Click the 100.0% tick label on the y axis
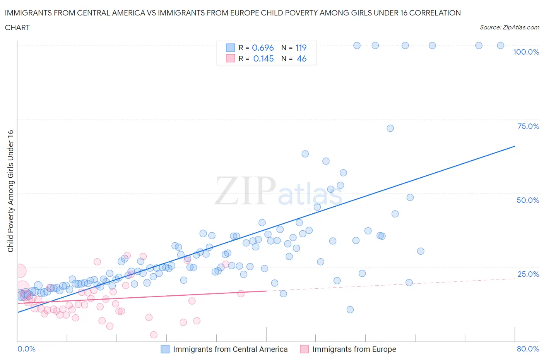click(526, 52)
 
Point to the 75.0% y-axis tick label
click(528, 126)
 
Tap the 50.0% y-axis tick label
click(528, 200)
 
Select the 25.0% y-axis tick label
click(528, 274)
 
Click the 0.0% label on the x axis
click(26, 349)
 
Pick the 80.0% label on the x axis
click(528, 349)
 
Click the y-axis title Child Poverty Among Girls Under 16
click(10, 191)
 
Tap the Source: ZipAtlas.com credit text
click(509, 27)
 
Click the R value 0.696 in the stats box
click(263, 48)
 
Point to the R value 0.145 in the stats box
click(263, 58)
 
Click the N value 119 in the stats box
click(301, 48)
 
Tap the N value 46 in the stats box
click(301, 58)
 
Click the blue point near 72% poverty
click(390, 128)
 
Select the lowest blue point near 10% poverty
click(350, 310)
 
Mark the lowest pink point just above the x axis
click(154, 335)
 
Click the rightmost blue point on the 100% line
click(500, 45)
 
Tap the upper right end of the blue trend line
click(515, 146)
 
